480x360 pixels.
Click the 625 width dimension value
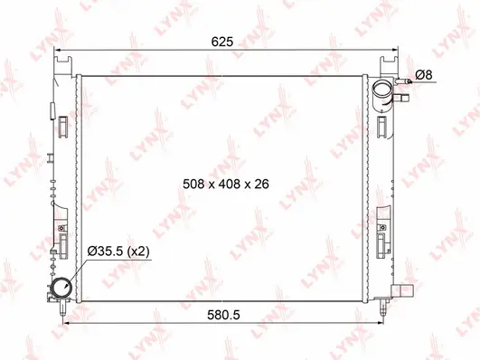click(x=222, y=42)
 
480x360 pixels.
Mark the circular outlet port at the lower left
click(x=62, y=289)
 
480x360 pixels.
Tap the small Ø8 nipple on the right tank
click(x=408, y=82)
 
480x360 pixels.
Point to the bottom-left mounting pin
click(x=61, y=310)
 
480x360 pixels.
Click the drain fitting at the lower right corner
click(x=402, y=291)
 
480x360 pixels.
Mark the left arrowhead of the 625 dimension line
click(x=58, y=50)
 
